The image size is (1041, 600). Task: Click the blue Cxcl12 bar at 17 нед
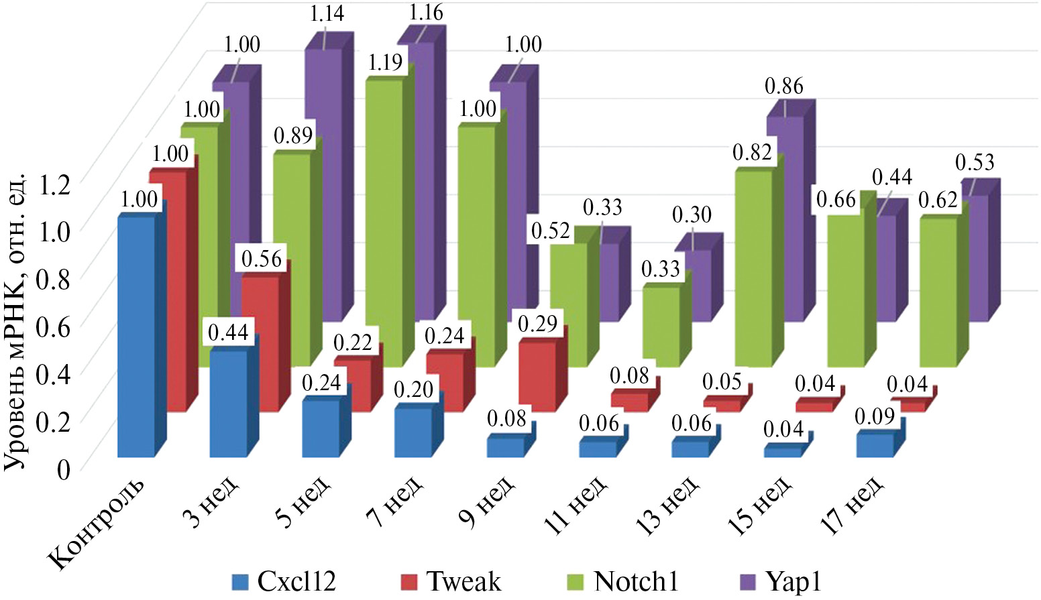coord(875,445)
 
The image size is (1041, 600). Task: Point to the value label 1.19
coord(385,62)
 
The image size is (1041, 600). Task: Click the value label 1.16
coord(426,13)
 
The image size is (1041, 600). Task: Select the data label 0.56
coord(261,259)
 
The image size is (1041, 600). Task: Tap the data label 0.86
coord(783,86)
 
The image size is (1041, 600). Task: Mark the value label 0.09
coord(875,416)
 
